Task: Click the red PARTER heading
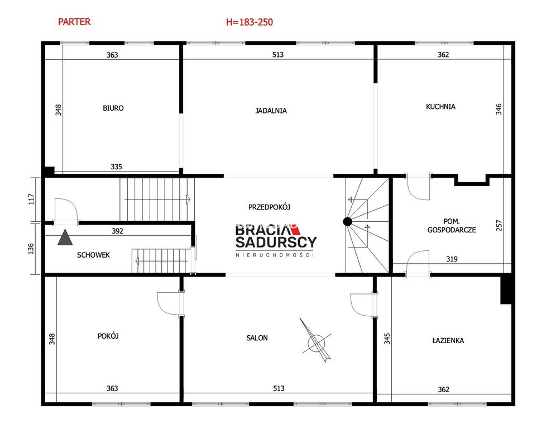(74, 22)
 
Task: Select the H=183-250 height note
(250, 22)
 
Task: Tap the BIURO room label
(113, 108)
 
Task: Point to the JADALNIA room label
(271, 111)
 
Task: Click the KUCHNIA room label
(440, 107)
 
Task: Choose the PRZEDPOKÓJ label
(269, 207)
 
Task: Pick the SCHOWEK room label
(93, 255)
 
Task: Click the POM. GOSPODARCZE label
(452, 225)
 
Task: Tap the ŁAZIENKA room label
(448, 340)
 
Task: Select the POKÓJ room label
(108, 336)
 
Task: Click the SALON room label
(257, 338)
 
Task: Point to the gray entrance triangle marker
(65, 237)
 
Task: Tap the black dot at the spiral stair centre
(347, 222)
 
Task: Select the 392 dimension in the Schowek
(117, 231)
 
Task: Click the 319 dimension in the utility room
(452, 259)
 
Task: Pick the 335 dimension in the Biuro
(116, 167)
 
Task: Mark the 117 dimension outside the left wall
(31, 199)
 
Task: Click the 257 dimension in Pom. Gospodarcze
(499, 225)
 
